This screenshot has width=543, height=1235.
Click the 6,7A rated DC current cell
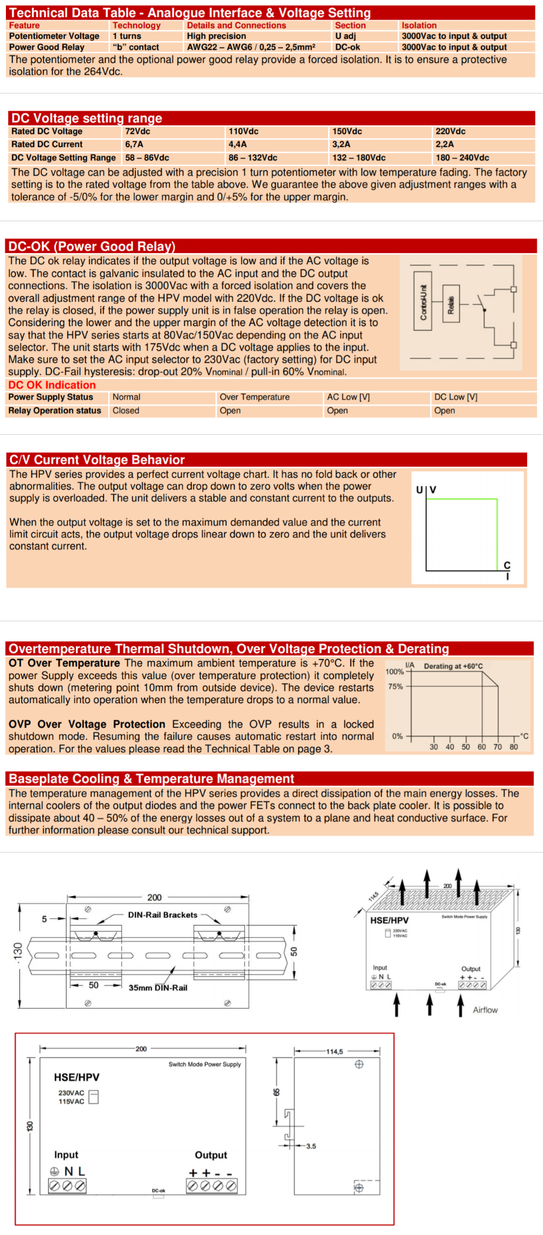tap(134, 144)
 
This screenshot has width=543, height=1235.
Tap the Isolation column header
tap(419, 25)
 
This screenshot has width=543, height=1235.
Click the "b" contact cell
tap(136, 47)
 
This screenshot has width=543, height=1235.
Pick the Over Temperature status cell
tap(254, 397)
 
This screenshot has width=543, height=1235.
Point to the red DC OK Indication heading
tap(52, 385)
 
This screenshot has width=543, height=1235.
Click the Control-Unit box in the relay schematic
tap(423, 302)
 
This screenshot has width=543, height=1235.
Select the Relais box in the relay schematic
tap(451, 304)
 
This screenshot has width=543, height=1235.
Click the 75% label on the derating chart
tap(395, 686)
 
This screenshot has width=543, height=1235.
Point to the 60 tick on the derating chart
tap(482, 747)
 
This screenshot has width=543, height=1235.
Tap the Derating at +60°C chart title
tap(453, 666)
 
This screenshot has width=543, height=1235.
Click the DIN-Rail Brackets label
tap(162, 915)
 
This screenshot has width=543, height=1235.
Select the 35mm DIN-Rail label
tap(158, 988)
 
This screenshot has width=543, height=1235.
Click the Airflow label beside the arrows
tap(485, 1010)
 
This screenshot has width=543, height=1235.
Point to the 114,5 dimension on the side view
tap(334, 1051)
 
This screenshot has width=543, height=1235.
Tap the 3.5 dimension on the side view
tap(311, 1146)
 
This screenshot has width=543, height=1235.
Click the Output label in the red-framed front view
tap(211, 1155)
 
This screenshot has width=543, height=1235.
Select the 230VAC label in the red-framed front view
tap(71, 1093)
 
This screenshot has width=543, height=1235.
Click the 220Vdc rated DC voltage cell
tap(450, 131)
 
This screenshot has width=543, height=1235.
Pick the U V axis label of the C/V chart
tap(426, 490)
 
